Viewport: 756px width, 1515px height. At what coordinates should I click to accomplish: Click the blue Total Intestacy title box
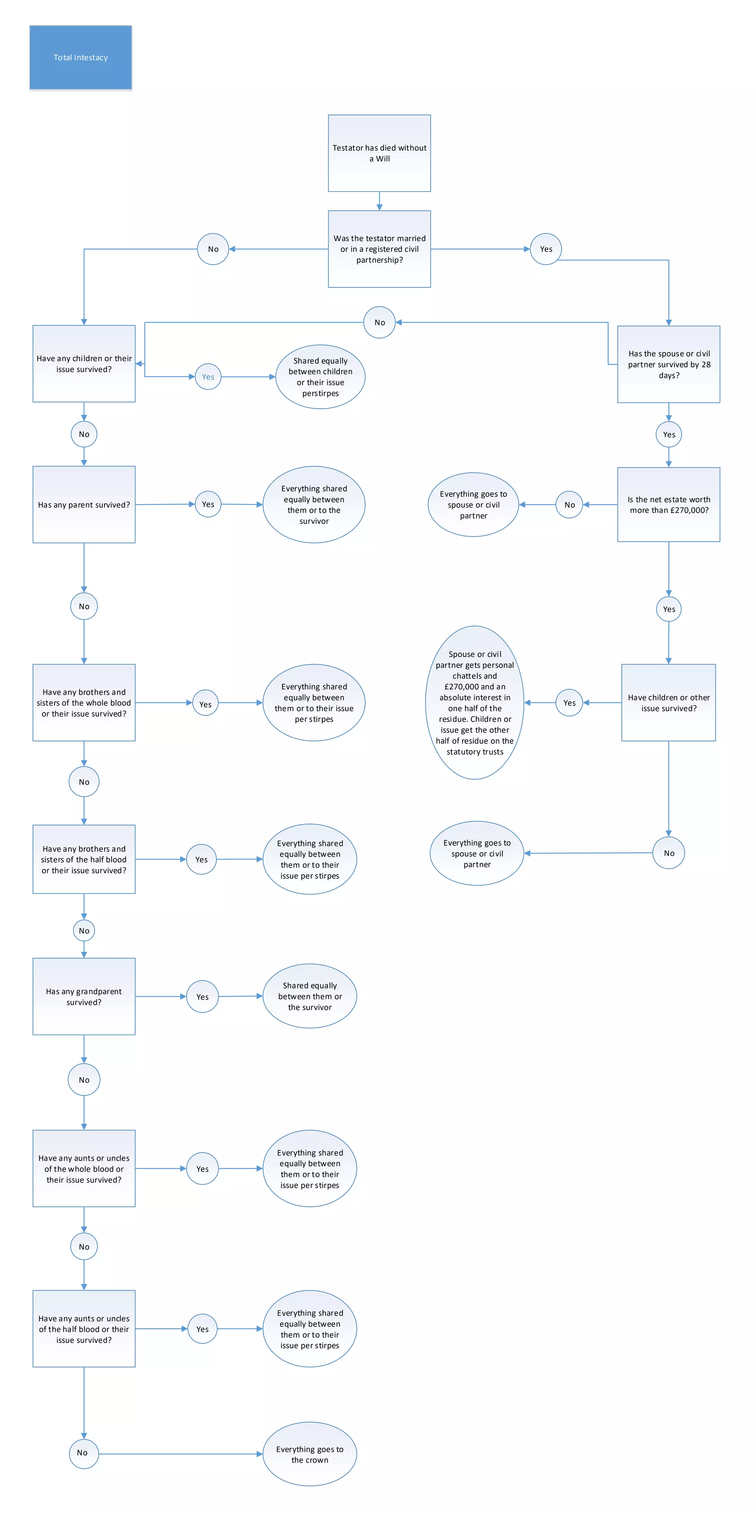click(80, 58)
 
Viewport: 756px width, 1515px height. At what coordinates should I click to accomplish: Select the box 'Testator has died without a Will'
click(379, 153)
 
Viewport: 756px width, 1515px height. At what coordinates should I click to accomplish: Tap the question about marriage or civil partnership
click(379, 249)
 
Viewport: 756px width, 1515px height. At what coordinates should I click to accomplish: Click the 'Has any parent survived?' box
click(84, 505)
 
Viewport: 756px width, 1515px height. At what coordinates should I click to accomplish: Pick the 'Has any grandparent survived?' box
click(84, 996)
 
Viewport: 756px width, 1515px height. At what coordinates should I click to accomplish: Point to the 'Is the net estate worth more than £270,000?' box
click(669, 505)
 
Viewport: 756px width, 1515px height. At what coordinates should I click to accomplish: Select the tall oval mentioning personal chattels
click(475, 702)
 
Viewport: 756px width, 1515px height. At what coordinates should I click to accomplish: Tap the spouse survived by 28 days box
click(669, 364)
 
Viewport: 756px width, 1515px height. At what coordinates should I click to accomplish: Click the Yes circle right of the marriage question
click(546, 249)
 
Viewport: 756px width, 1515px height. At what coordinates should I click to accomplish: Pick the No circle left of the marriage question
click(213, 249)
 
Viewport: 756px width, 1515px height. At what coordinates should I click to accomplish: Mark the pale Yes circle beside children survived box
click(208, 377)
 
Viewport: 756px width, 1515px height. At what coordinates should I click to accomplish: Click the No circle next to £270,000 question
click(570, 505)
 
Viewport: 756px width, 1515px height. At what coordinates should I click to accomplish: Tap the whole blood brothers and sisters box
click(84, 702)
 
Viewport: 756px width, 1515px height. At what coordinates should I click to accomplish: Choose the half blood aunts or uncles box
click(84, 1329)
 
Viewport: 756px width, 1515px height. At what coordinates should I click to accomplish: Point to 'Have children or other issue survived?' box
click(669, 702)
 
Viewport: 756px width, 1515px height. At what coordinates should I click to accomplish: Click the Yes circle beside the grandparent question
click(202, 996)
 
